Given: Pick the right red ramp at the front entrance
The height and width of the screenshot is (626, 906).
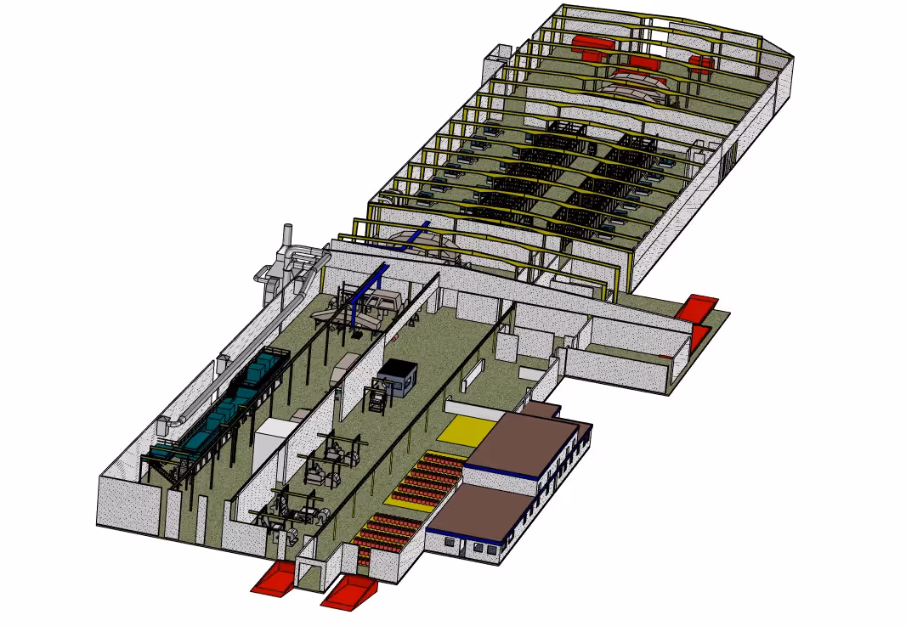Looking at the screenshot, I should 348,592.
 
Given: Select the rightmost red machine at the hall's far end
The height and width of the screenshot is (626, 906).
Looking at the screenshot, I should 701,63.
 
